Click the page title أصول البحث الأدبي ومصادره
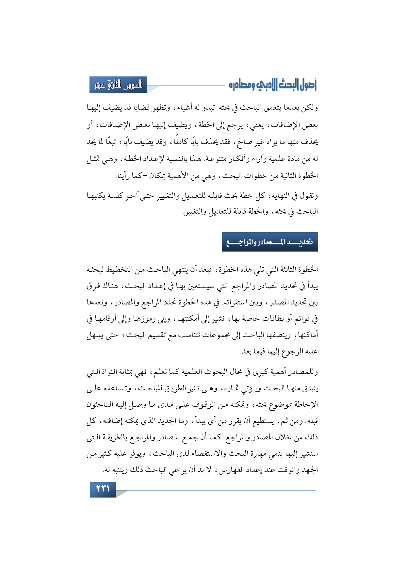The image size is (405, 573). (273, 85)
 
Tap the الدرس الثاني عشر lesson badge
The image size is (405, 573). (118, 85)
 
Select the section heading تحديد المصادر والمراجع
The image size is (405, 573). (270, 242)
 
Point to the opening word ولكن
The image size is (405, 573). (310, 108)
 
